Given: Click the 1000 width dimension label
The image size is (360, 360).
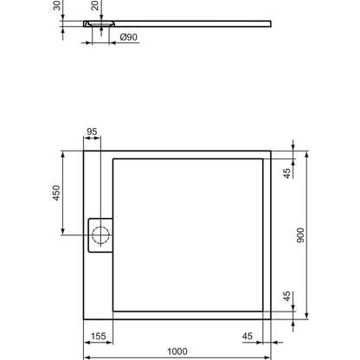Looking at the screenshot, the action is [x=177, y=351].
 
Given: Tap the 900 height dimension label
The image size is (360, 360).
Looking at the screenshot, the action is [x=300, y=235].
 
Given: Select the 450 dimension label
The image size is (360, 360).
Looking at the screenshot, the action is [x=56, y=193].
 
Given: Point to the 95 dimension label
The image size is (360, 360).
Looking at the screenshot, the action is [x=92, y=132].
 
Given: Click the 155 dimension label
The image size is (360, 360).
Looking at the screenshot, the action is [x=99, y=337].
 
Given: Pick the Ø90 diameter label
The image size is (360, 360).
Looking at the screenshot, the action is [x=129, y=37].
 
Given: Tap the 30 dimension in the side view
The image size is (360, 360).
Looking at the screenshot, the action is [x=57, y=5].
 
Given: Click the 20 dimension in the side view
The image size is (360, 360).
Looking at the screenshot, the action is [x=95, y=5].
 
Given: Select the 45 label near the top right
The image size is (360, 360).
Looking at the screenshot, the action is [x=287, y=173].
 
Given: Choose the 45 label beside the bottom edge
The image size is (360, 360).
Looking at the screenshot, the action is [x=287, y=296].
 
